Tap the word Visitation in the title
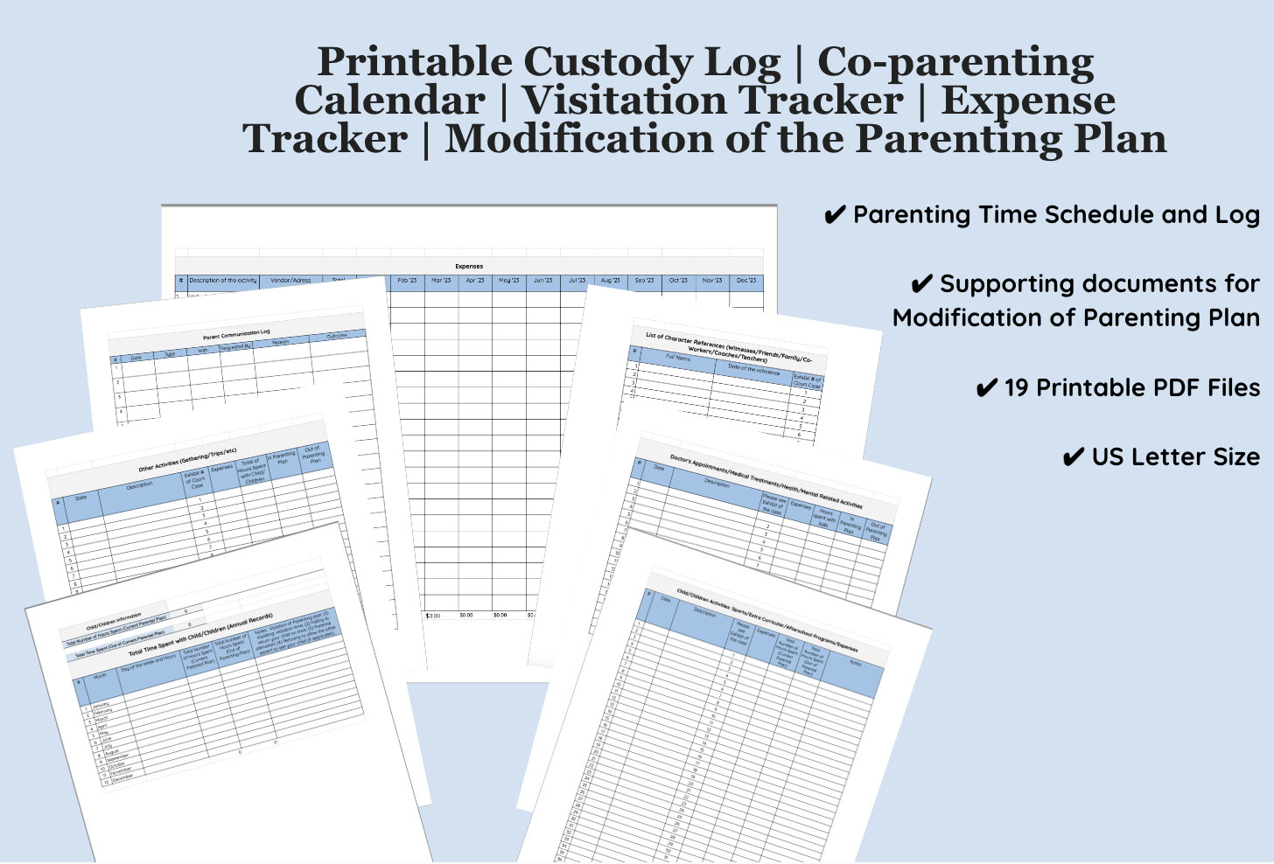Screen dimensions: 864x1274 point(713,101)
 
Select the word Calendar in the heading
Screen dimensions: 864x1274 point(389,101)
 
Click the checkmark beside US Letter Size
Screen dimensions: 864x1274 point(1073,457)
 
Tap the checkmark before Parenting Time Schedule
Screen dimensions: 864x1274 point(835,215)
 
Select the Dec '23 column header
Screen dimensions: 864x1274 point(746,281)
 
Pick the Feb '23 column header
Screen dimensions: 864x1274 point(407,281)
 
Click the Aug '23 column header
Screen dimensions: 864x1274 point(611,281)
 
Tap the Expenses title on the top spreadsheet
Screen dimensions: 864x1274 point(469,266)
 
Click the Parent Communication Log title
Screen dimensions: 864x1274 point(236,333)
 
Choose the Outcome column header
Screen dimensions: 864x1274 point(337,336)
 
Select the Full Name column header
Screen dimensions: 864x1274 point(677,358)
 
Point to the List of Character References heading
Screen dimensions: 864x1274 point(728,346)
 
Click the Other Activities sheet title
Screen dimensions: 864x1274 point(187,460)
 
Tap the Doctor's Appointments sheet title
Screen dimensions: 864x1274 point(766,481)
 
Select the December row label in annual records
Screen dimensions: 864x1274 point(122,777)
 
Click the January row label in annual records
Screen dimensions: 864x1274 point(101,705)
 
